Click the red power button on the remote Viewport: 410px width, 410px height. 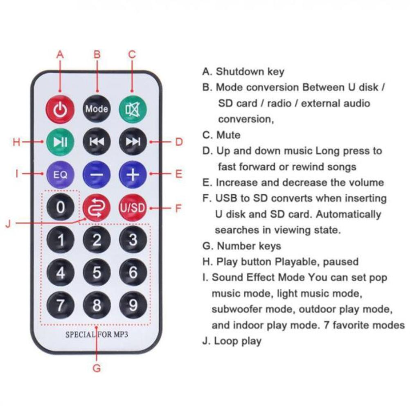tap(60, 109)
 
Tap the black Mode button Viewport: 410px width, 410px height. tap(97, 109)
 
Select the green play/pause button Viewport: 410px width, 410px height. tap(60, 142)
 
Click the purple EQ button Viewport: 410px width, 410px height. tap(60, 174)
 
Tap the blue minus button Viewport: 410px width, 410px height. tap(97, 174)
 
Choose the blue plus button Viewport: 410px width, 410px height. tap(133, 174)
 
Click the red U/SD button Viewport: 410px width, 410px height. tap(133, 208)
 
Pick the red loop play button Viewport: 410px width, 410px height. tap(97, 208)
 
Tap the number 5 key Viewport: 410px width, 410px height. tap(97, 272)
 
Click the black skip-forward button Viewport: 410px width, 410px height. tap(133, 142)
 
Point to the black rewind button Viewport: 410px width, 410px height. tap(97, 142)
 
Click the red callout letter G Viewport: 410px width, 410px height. tap(97, 368)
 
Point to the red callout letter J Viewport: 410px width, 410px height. tap(9, 224)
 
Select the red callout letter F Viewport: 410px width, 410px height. tap(178, 208)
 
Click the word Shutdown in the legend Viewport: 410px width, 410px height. tap(240, 72)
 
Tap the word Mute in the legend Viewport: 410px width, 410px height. tap(228, 135)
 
